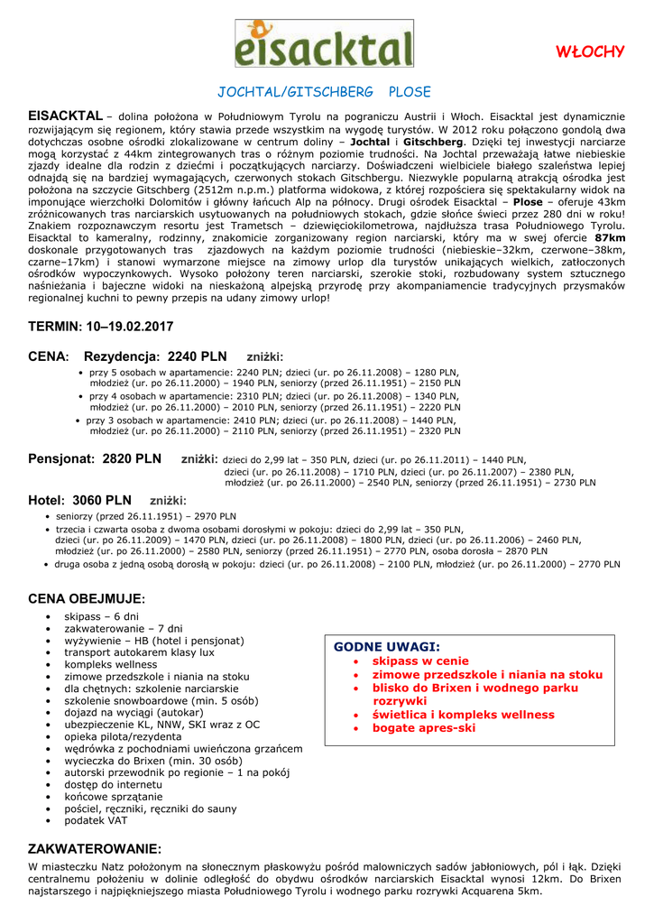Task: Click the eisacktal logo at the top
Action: click(x=325, y=43)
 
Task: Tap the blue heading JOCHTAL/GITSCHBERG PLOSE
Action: click(x=325, y=92)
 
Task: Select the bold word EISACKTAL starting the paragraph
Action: click(x=65, y=116)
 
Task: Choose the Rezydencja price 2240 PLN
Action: click(x=197, y=356)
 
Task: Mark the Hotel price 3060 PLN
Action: click(x=101, y=500)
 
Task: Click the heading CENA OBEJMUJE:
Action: click(x=87, y=598)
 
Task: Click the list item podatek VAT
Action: click(x=96, y=820)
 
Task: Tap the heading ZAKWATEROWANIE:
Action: click(x=95, y=849)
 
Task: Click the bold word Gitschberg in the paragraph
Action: click(x=433, y=142)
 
